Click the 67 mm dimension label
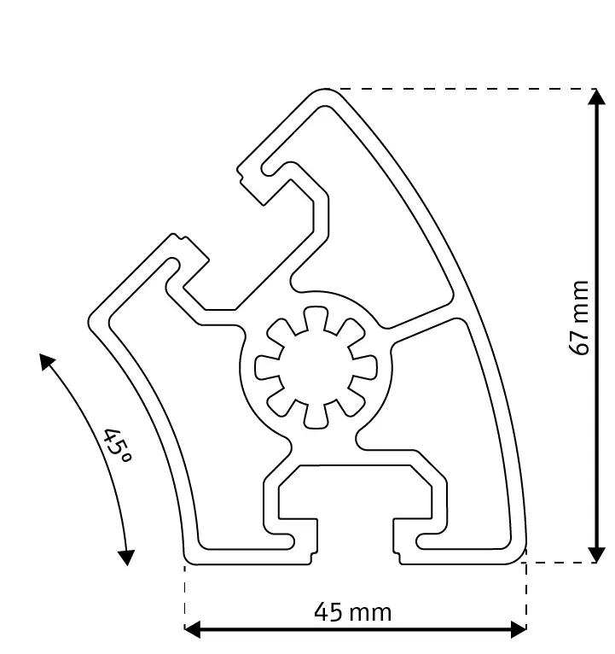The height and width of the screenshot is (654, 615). (581, 318)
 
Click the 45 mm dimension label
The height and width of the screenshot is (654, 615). (352, 612)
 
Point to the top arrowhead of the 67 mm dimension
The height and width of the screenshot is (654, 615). (596, 97)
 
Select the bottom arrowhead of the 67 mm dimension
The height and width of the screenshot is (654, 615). (596, 554)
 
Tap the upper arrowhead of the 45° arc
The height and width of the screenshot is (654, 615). (47, 360)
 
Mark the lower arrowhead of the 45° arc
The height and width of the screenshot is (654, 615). (126, 557)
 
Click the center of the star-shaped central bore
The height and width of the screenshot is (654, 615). (316, 366)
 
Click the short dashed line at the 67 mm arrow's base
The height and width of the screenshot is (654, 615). (559, 563)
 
